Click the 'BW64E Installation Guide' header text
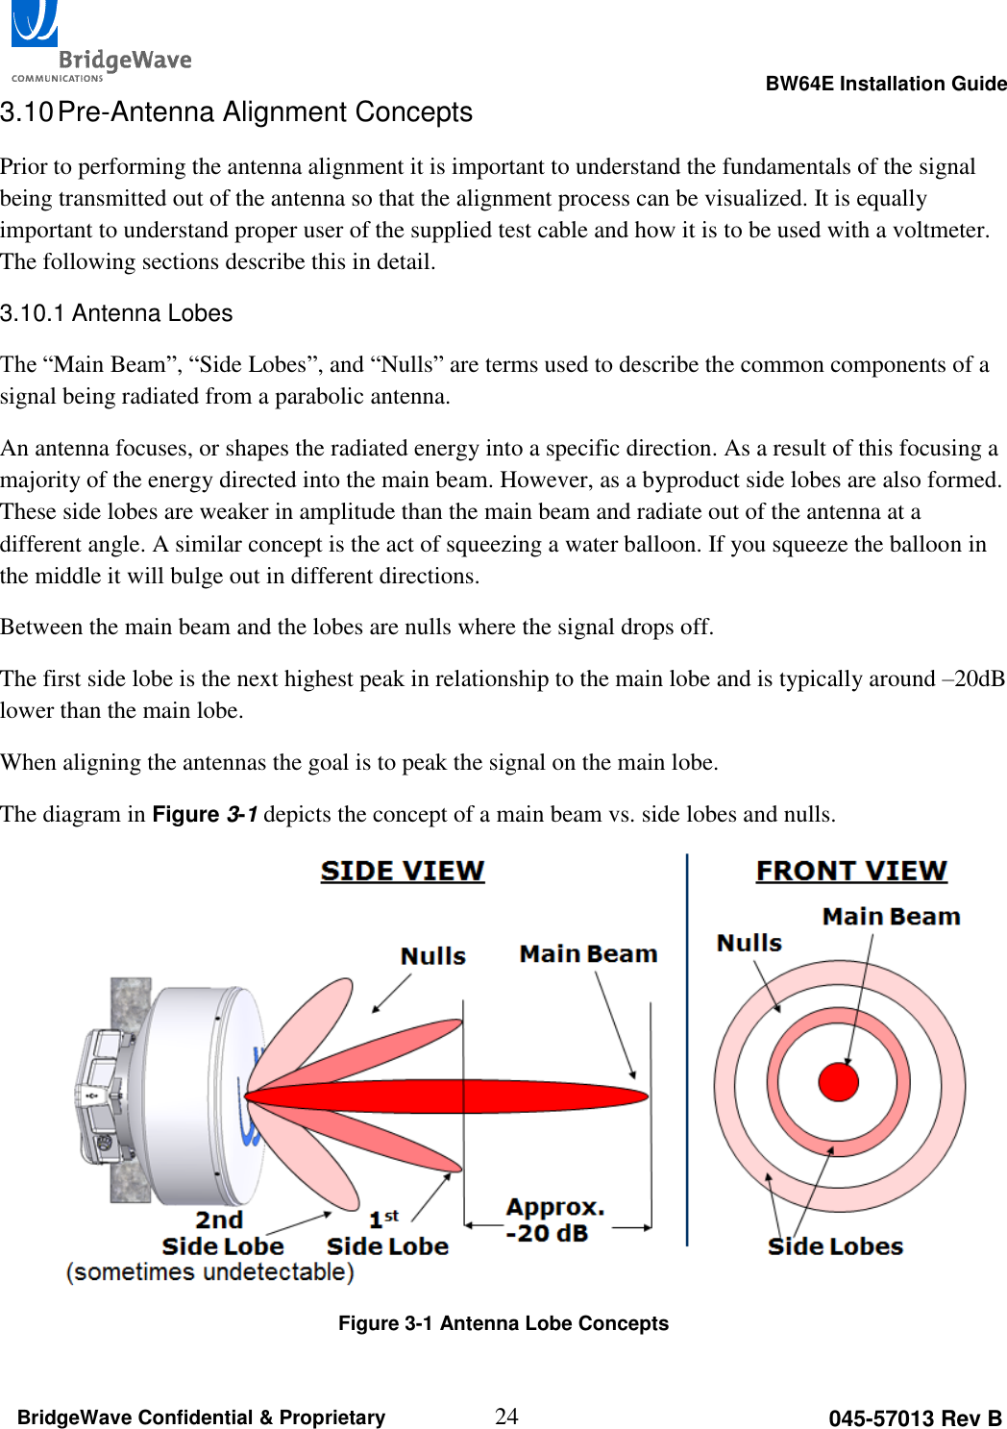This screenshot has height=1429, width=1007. point(885,84)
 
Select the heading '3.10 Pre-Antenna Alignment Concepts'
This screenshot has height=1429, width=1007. point(236,112)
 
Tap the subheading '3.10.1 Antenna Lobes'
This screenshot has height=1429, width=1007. point(116,313)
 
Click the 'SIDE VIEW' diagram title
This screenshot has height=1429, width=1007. point(402,871)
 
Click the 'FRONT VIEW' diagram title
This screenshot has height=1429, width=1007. point(851,871)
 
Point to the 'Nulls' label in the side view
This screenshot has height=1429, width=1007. point(432,956)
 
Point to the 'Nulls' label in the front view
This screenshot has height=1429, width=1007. point(749,943)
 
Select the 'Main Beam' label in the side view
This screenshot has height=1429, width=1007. point(588,954)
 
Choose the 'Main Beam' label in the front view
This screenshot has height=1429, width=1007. point(891,917)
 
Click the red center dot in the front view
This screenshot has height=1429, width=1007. point(838,1082)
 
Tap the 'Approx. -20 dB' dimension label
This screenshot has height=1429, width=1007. point(554,1220)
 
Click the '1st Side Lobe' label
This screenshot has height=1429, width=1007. point(387,1234)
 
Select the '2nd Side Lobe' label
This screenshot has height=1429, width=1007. point(222,1233)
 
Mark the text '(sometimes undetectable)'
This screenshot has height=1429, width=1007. point(209,1272)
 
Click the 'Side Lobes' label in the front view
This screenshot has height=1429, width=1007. point(835,1246)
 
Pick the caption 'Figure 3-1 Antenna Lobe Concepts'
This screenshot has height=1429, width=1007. point(503,1323)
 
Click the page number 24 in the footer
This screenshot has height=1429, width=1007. point(505,1416)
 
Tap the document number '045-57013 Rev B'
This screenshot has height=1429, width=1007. point(914,1418)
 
